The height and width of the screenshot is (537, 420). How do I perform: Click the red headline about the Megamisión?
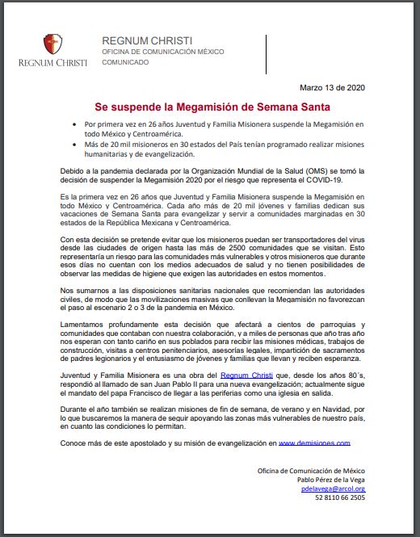[210, 106]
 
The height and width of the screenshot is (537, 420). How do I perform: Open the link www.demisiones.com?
[314, 443]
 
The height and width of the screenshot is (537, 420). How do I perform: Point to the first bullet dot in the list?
[72, 126]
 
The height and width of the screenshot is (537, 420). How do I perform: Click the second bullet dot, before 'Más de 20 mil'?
[72, 145]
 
